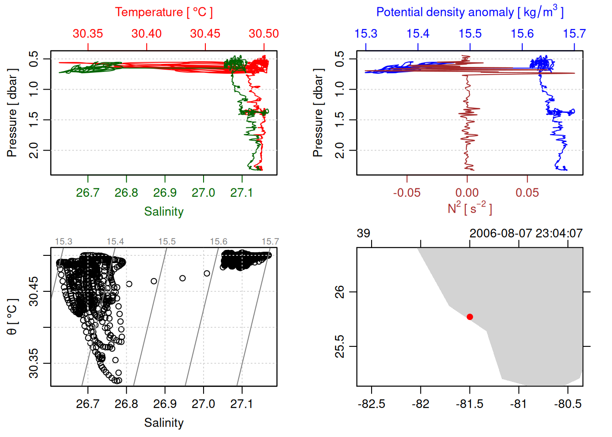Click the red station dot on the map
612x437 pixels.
469,317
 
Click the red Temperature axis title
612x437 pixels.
163,12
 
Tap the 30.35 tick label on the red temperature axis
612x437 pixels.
88,34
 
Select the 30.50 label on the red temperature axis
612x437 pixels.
264,34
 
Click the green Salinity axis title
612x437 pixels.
163,212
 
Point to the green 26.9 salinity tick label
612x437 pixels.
165,193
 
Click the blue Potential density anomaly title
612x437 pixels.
469,12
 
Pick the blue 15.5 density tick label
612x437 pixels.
470,34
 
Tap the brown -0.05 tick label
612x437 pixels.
407,193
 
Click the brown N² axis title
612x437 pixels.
469,208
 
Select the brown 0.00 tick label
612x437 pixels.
467,193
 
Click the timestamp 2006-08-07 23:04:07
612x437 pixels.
526,234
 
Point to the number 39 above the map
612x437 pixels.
363,234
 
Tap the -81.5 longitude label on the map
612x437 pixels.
469,404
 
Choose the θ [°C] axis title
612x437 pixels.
12,317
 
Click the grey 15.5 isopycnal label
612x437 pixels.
167,242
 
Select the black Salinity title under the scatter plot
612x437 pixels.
163,423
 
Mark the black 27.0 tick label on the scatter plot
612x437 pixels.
203,404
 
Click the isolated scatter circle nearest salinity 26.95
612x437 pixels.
183,278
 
